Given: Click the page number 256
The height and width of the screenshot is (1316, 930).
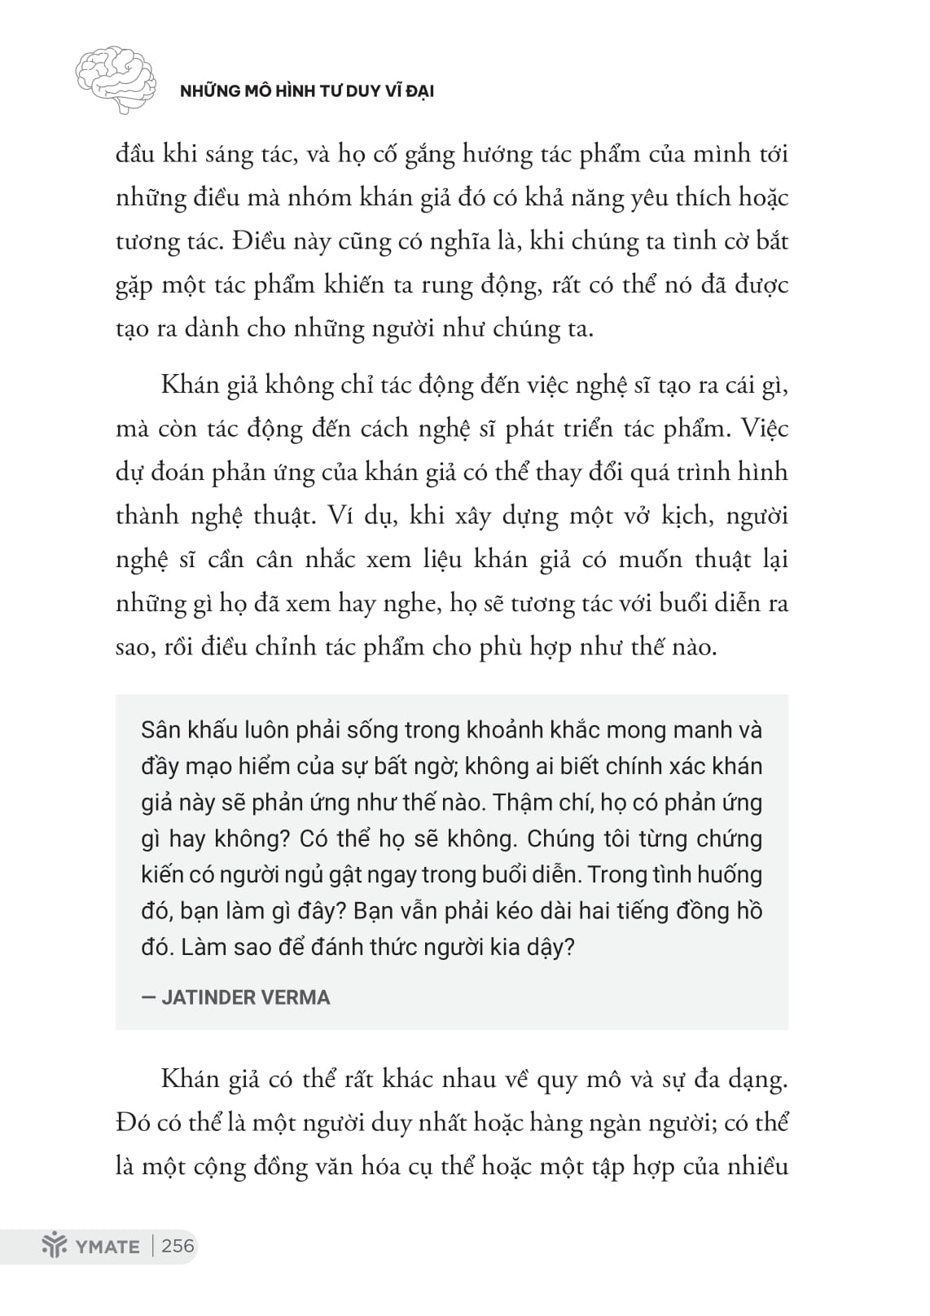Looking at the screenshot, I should click(x=178, y=1246).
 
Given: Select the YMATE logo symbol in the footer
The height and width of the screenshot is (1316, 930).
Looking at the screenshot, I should click(x=55, y=1247).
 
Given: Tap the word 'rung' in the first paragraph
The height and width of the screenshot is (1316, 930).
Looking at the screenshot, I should click(x=449, y=285).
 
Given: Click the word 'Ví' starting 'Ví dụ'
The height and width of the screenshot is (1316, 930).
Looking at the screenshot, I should click(x=340, y=517).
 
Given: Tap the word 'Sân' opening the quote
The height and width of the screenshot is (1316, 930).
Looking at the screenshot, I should click(x=160, y=729).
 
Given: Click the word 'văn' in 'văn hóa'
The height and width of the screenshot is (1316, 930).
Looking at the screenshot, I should click(x=358, y=1168).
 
